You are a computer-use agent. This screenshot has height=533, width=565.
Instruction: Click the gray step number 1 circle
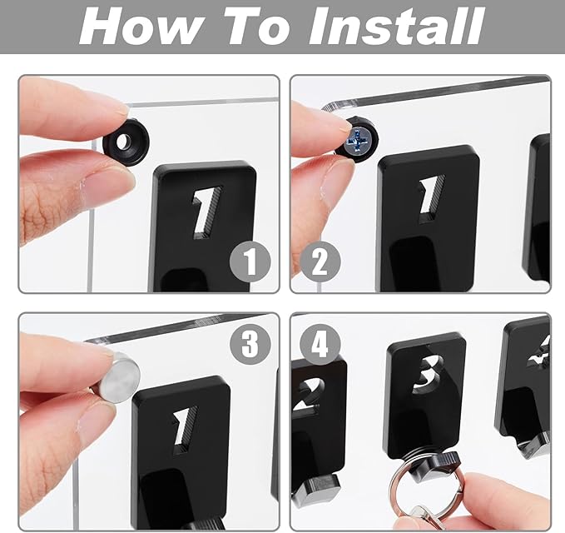click(250, 263)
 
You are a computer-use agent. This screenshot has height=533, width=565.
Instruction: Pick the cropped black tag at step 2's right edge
click(539, 208)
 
